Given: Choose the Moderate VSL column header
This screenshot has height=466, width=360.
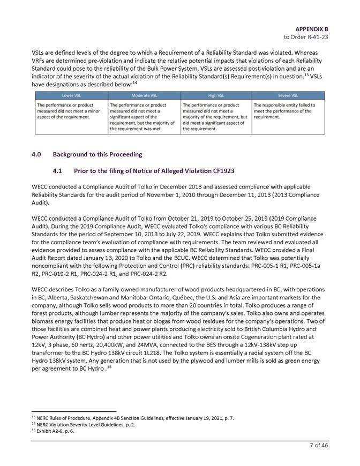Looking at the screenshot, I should [144, 94].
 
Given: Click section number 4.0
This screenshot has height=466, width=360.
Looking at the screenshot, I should [37, 154].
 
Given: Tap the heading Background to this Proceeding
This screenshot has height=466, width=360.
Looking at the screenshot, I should [97, 154].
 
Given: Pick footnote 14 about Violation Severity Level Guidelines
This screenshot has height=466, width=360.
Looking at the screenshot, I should [82, 424].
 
